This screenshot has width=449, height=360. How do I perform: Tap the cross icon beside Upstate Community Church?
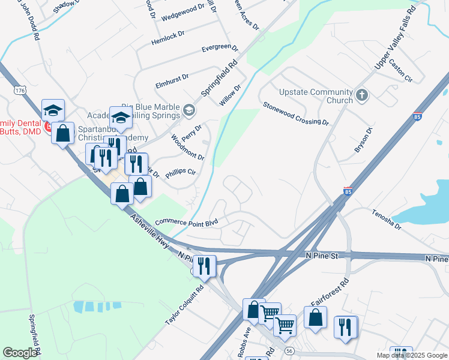361,95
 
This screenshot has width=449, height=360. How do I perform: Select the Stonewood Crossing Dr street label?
296,113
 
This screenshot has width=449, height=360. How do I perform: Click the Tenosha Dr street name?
385,219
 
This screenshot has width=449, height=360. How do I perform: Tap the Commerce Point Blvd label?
186,223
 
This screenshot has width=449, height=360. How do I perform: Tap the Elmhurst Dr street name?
172,77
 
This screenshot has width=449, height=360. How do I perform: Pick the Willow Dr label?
230,95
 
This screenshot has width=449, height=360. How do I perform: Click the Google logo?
20,353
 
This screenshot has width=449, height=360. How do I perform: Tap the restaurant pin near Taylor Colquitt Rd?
205,265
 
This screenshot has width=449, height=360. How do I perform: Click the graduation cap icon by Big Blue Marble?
190,109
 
